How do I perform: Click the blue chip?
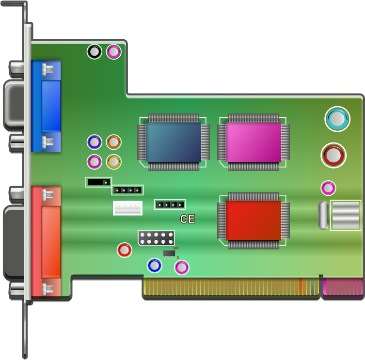click(174, 142)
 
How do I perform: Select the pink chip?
click(253, 142)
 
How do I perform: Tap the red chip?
click(253, 220)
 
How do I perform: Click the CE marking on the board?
click(188, 219)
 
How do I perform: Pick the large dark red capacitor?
click(333, 156)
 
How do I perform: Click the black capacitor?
click(95, 51)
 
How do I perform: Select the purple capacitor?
click(94, 142)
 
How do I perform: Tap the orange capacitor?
click(113, 142)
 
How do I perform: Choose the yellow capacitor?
click(113, 161)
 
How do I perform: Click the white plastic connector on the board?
click(128, 208)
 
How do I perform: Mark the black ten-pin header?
click(156, 238)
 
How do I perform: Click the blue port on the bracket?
click(47, 106)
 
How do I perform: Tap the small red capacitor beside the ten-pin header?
click(125, 250)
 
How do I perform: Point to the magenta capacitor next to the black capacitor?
click(113, 51)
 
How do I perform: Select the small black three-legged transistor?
click(169, 253)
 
